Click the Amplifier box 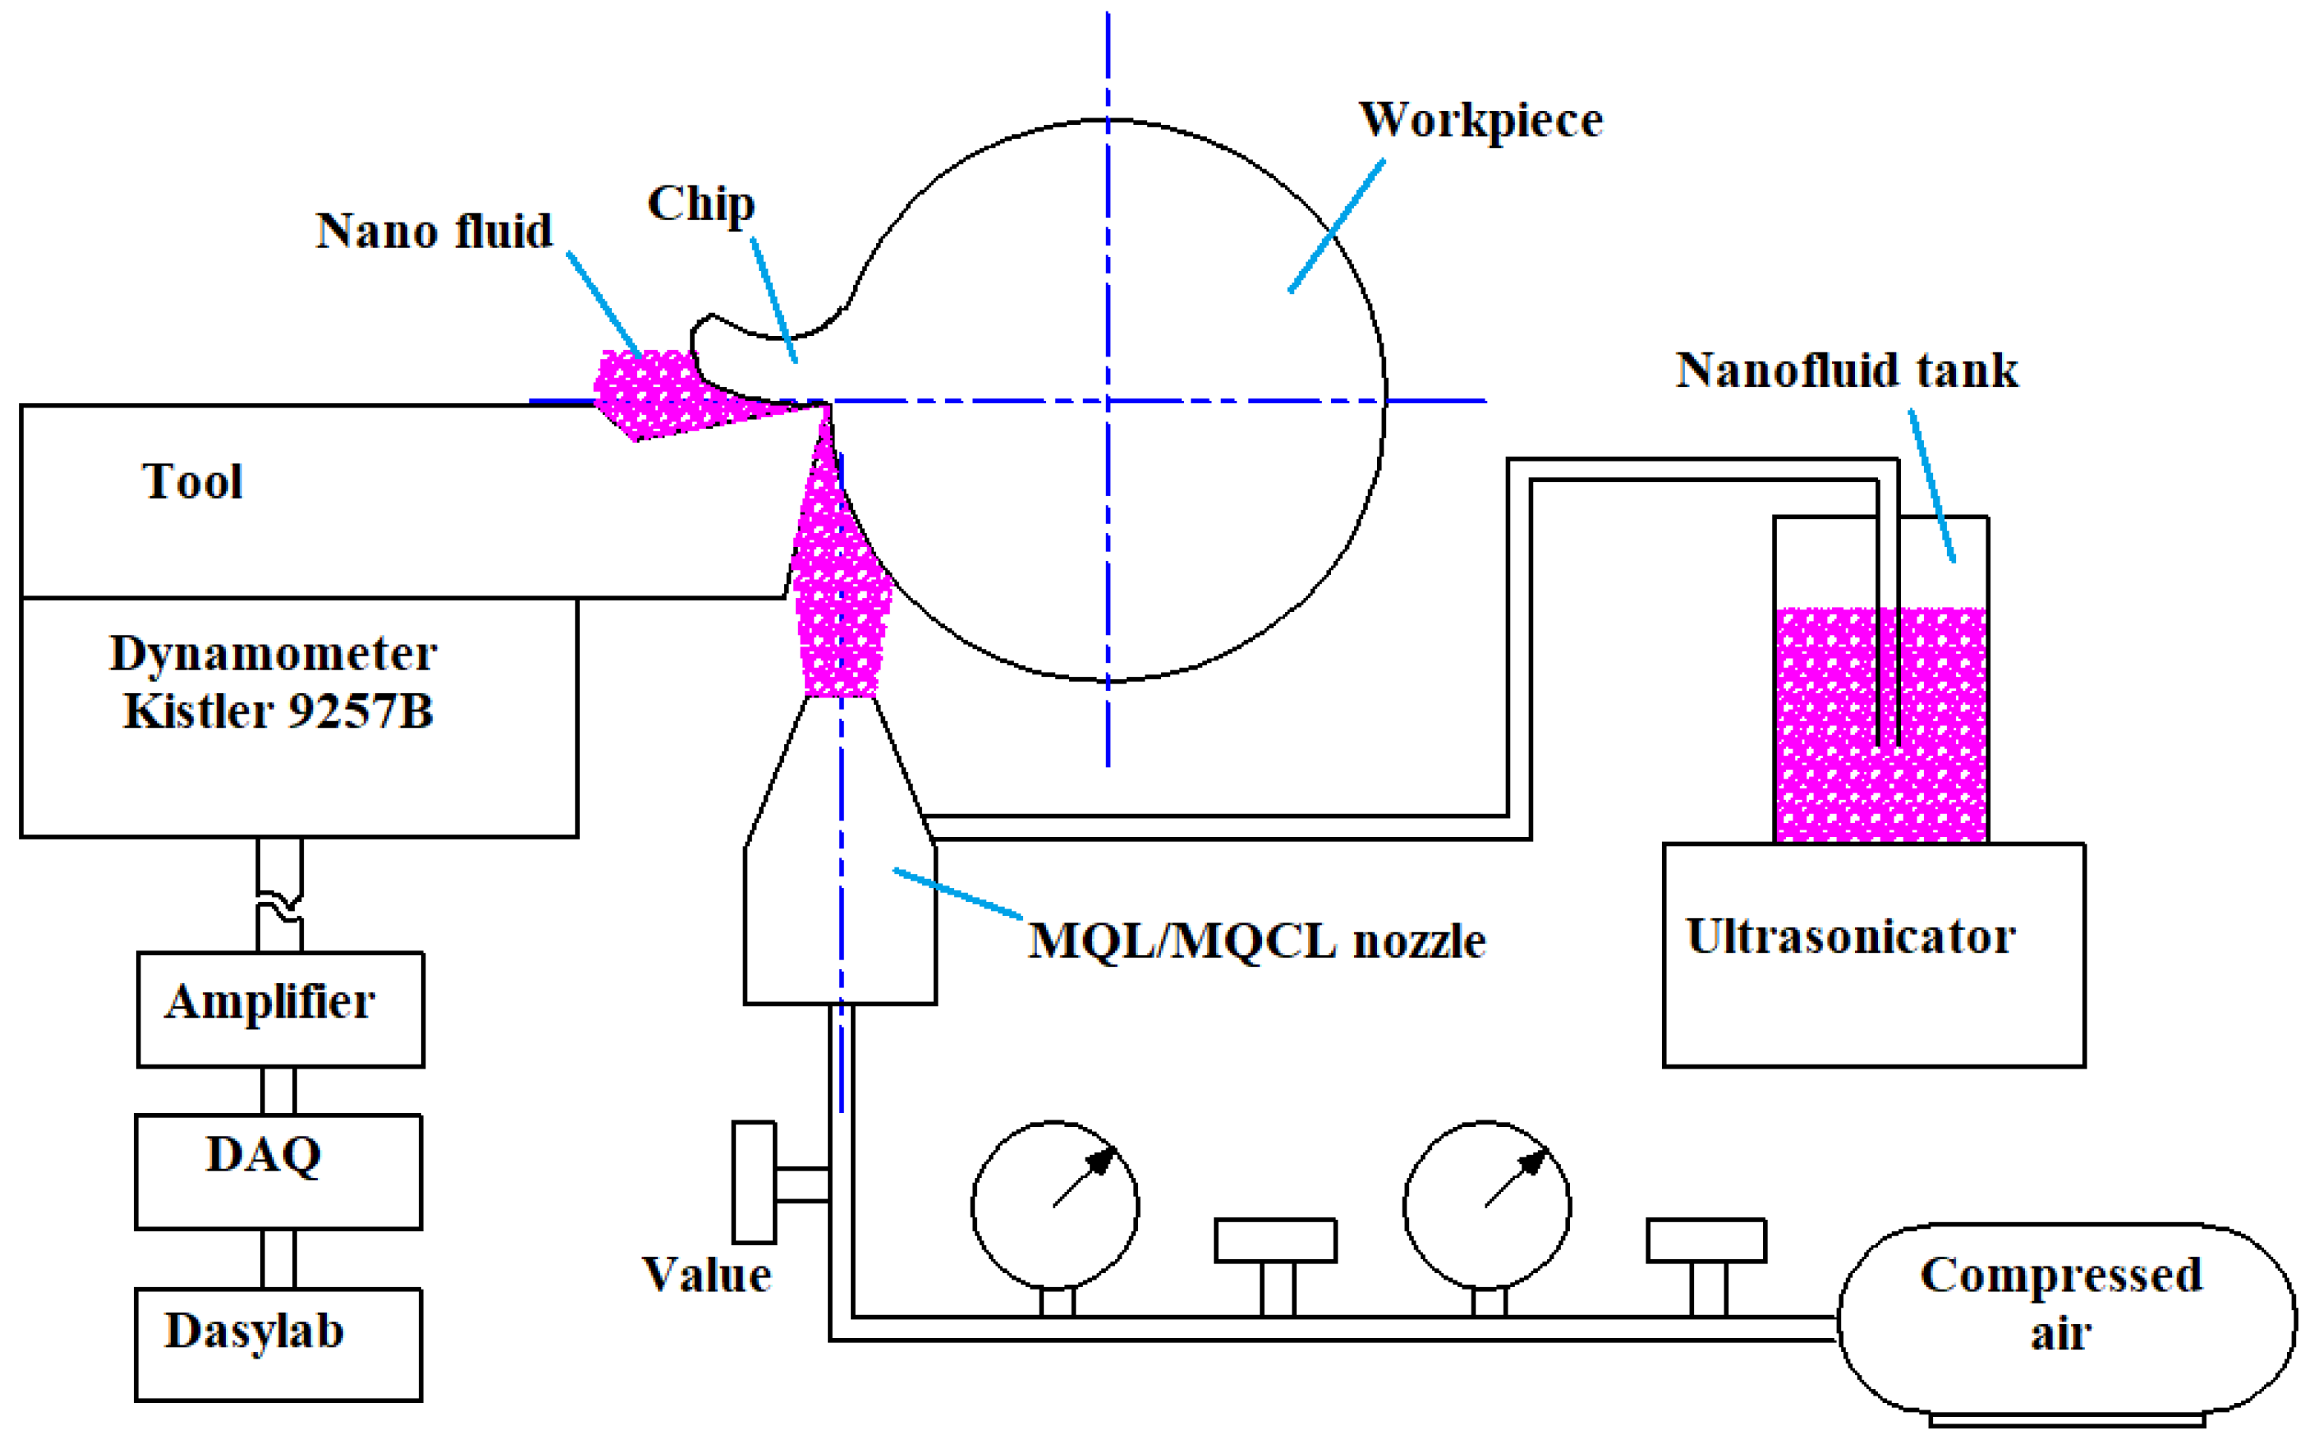click(280, 1009)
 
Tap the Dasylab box click(278, 1344)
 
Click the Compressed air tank click(2066, 1318)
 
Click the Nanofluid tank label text click(1848, 370)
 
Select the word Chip click(700, 205)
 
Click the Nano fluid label click(434, 231)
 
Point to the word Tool click(193, 481)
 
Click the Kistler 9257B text click(278, 711)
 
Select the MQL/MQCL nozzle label click(1256, 941)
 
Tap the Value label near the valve click(706, 1275)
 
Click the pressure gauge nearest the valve click(1055, 1204)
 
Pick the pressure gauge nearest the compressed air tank click(1486, 1204)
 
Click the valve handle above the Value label click(753, 1182)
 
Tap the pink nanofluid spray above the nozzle click(840, 611)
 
